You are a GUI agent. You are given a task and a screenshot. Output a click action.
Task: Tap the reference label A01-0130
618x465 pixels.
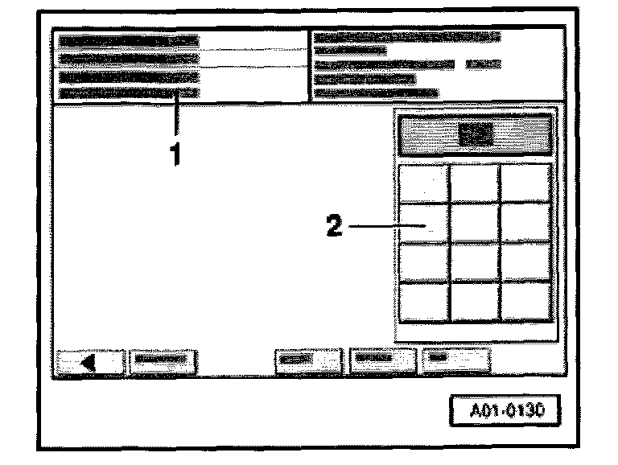[505, 410]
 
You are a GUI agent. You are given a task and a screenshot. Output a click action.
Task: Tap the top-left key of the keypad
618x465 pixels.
[423, 183]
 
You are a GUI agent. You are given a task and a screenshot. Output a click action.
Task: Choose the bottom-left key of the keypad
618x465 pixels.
[423, 302]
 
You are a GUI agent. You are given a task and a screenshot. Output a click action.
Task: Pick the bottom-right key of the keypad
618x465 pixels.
[525, 302]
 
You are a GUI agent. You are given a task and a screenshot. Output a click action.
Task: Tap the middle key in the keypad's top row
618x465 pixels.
[475, 183]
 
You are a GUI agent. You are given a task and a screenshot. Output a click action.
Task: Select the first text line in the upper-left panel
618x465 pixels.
[129, 40]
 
